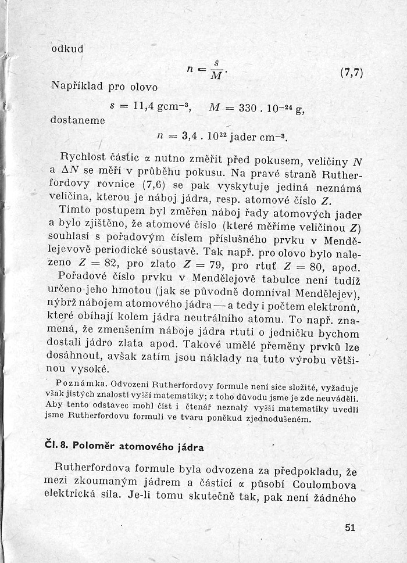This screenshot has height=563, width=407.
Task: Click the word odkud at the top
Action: (x=67, y=49)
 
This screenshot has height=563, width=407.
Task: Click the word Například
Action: (x=76, y=87)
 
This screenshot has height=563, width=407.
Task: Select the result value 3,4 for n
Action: (x=190, y=138)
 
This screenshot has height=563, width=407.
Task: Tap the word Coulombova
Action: (x=330, y=485)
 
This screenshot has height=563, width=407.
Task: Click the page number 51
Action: (x=349, y=528)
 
